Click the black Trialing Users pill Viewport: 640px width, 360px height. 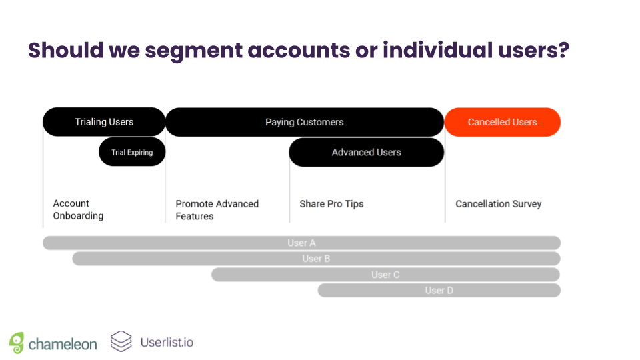pos(104,122)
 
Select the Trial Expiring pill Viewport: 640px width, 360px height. pos(132,153)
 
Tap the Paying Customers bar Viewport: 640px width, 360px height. pos(304,122)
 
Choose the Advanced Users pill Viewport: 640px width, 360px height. pos(366,153)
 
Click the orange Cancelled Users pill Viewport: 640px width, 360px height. pos(502,122)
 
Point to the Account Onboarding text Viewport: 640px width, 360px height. pos(78,210)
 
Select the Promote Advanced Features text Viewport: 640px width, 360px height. pos(217,210)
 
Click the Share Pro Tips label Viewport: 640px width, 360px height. pos(331,204)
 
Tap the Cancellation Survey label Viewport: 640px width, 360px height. pos(498,204)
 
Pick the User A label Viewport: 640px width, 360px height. pos(301,243)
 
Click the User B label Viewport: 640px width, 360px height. pos(316,259)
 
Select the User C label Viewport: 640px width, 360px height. pos(385,275)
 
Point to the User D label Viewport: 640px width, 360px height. pos(439,291)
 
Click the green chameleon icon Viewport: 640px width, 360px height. pos(17,343)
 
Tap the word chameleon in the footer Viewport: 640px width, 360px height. pos(63,344)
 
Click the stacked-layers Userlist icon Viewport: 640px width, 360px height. pos(121,341)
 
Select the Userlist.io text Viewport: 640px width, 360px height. pos(167,343)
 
